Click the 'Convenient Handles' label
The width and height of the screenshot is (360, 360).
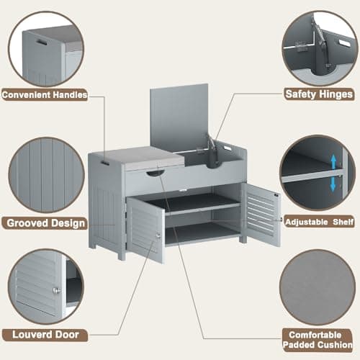(45, 94)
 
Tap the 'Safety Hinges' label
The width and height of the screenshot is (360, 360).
(319, 94)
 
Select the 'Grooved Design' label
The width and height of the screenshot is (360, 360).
(45, 223)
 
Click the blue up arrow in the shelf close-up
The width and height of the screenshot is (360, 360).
(333, 161)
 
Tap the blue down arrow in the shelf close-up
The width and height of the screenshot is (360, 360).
(333, 184)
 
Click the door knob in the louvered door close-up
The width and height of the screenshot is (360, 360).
(55, 290)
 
